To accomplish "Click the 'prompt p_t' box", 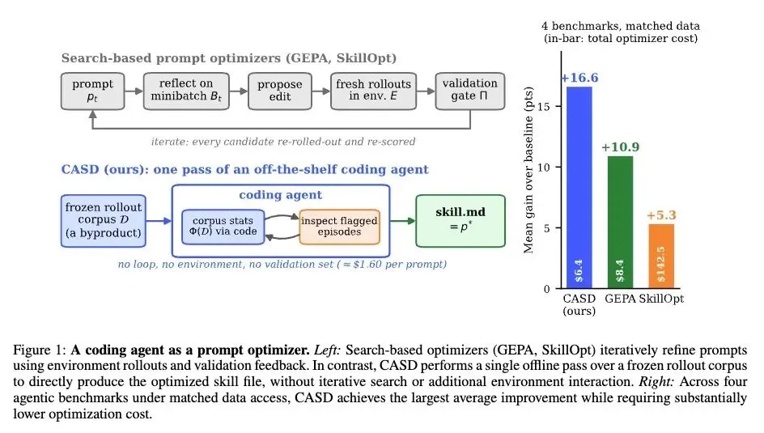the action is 92,91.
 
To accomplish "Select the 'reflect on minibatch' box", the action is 186,91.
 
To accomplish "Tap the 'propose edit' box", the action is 280,91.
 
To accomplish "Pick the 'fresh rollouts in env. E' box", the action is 373,91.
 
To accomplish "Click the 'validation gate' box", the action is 470,91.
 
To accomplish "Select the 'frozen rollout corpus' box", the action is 104,221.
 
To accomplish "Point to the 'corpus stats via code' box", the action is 223,227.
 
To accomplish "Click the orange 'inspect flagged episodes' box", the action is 339,227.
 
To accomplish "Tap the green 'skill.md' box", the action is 461,221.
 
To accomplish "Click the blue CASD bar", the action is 579,188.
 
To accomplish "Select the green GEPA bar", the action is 620,222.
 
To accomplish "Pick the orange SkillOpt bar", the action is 661,257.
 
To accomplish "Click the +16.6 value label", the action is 579,78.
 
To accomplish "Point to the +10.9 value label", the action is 620,147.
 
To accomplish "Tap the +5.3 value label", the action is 661,214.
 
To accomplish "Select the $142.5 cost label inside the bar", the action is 660,265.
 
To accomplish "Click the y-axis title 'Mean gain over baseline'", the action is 528,170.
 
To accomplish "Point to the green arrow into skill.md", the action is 403,221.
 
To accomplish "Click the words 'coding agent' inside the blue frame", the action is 281,195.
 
